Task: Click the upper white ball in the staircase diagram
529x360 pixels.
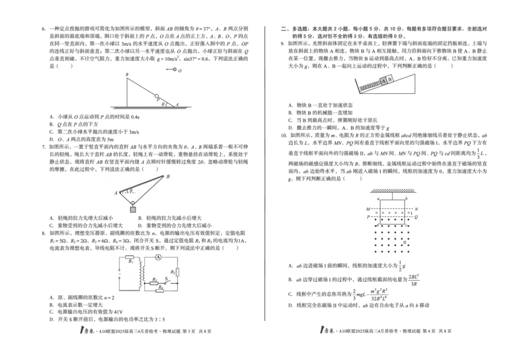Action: tap(175, 69)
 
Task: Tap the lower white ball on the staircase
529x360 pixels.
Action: tap(157, 96)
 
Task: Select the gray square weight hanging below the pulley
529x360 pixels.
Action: tap(133, 210)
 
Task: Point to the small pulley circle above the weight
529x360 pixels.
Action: tap(133, 202)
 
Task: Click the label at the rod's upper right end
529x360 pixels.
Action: tap(168, 176)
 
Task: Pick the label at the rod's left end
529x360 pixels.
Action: tap(115, 193)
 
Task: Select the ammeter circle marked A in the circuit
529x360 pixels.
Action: tap(158, 257)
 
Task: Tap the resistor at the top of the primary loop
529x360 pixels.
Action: tap(130, 257)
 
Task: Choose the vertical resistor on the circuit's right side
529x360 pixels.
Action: tap(177, 272)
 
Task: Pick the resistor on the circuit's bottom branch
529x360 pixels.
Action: tap(159, 290)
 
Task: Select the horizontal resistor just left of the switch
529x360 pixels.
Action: tap(154, 283)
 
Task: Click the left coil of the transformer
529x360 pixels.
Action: tap(140, 272)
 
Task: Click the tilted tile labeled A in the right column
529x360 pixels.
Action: tap(384, 81)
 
